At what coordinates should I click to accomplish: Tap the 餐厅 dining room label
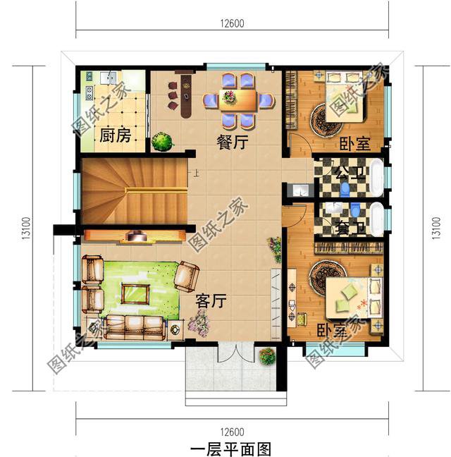coord(232,142)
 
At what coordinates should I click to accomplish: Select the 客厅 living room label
coord(210,302)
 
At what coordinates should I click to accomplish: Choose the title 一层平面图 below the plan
coord(230,448)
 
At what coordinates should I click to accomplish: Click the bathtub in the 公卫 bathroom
coord(378,177)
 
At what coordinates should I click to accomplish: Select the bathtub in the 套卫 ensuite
coord(378,219)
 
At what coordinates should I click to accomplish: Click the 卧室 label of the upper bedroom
coord(354,145)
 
